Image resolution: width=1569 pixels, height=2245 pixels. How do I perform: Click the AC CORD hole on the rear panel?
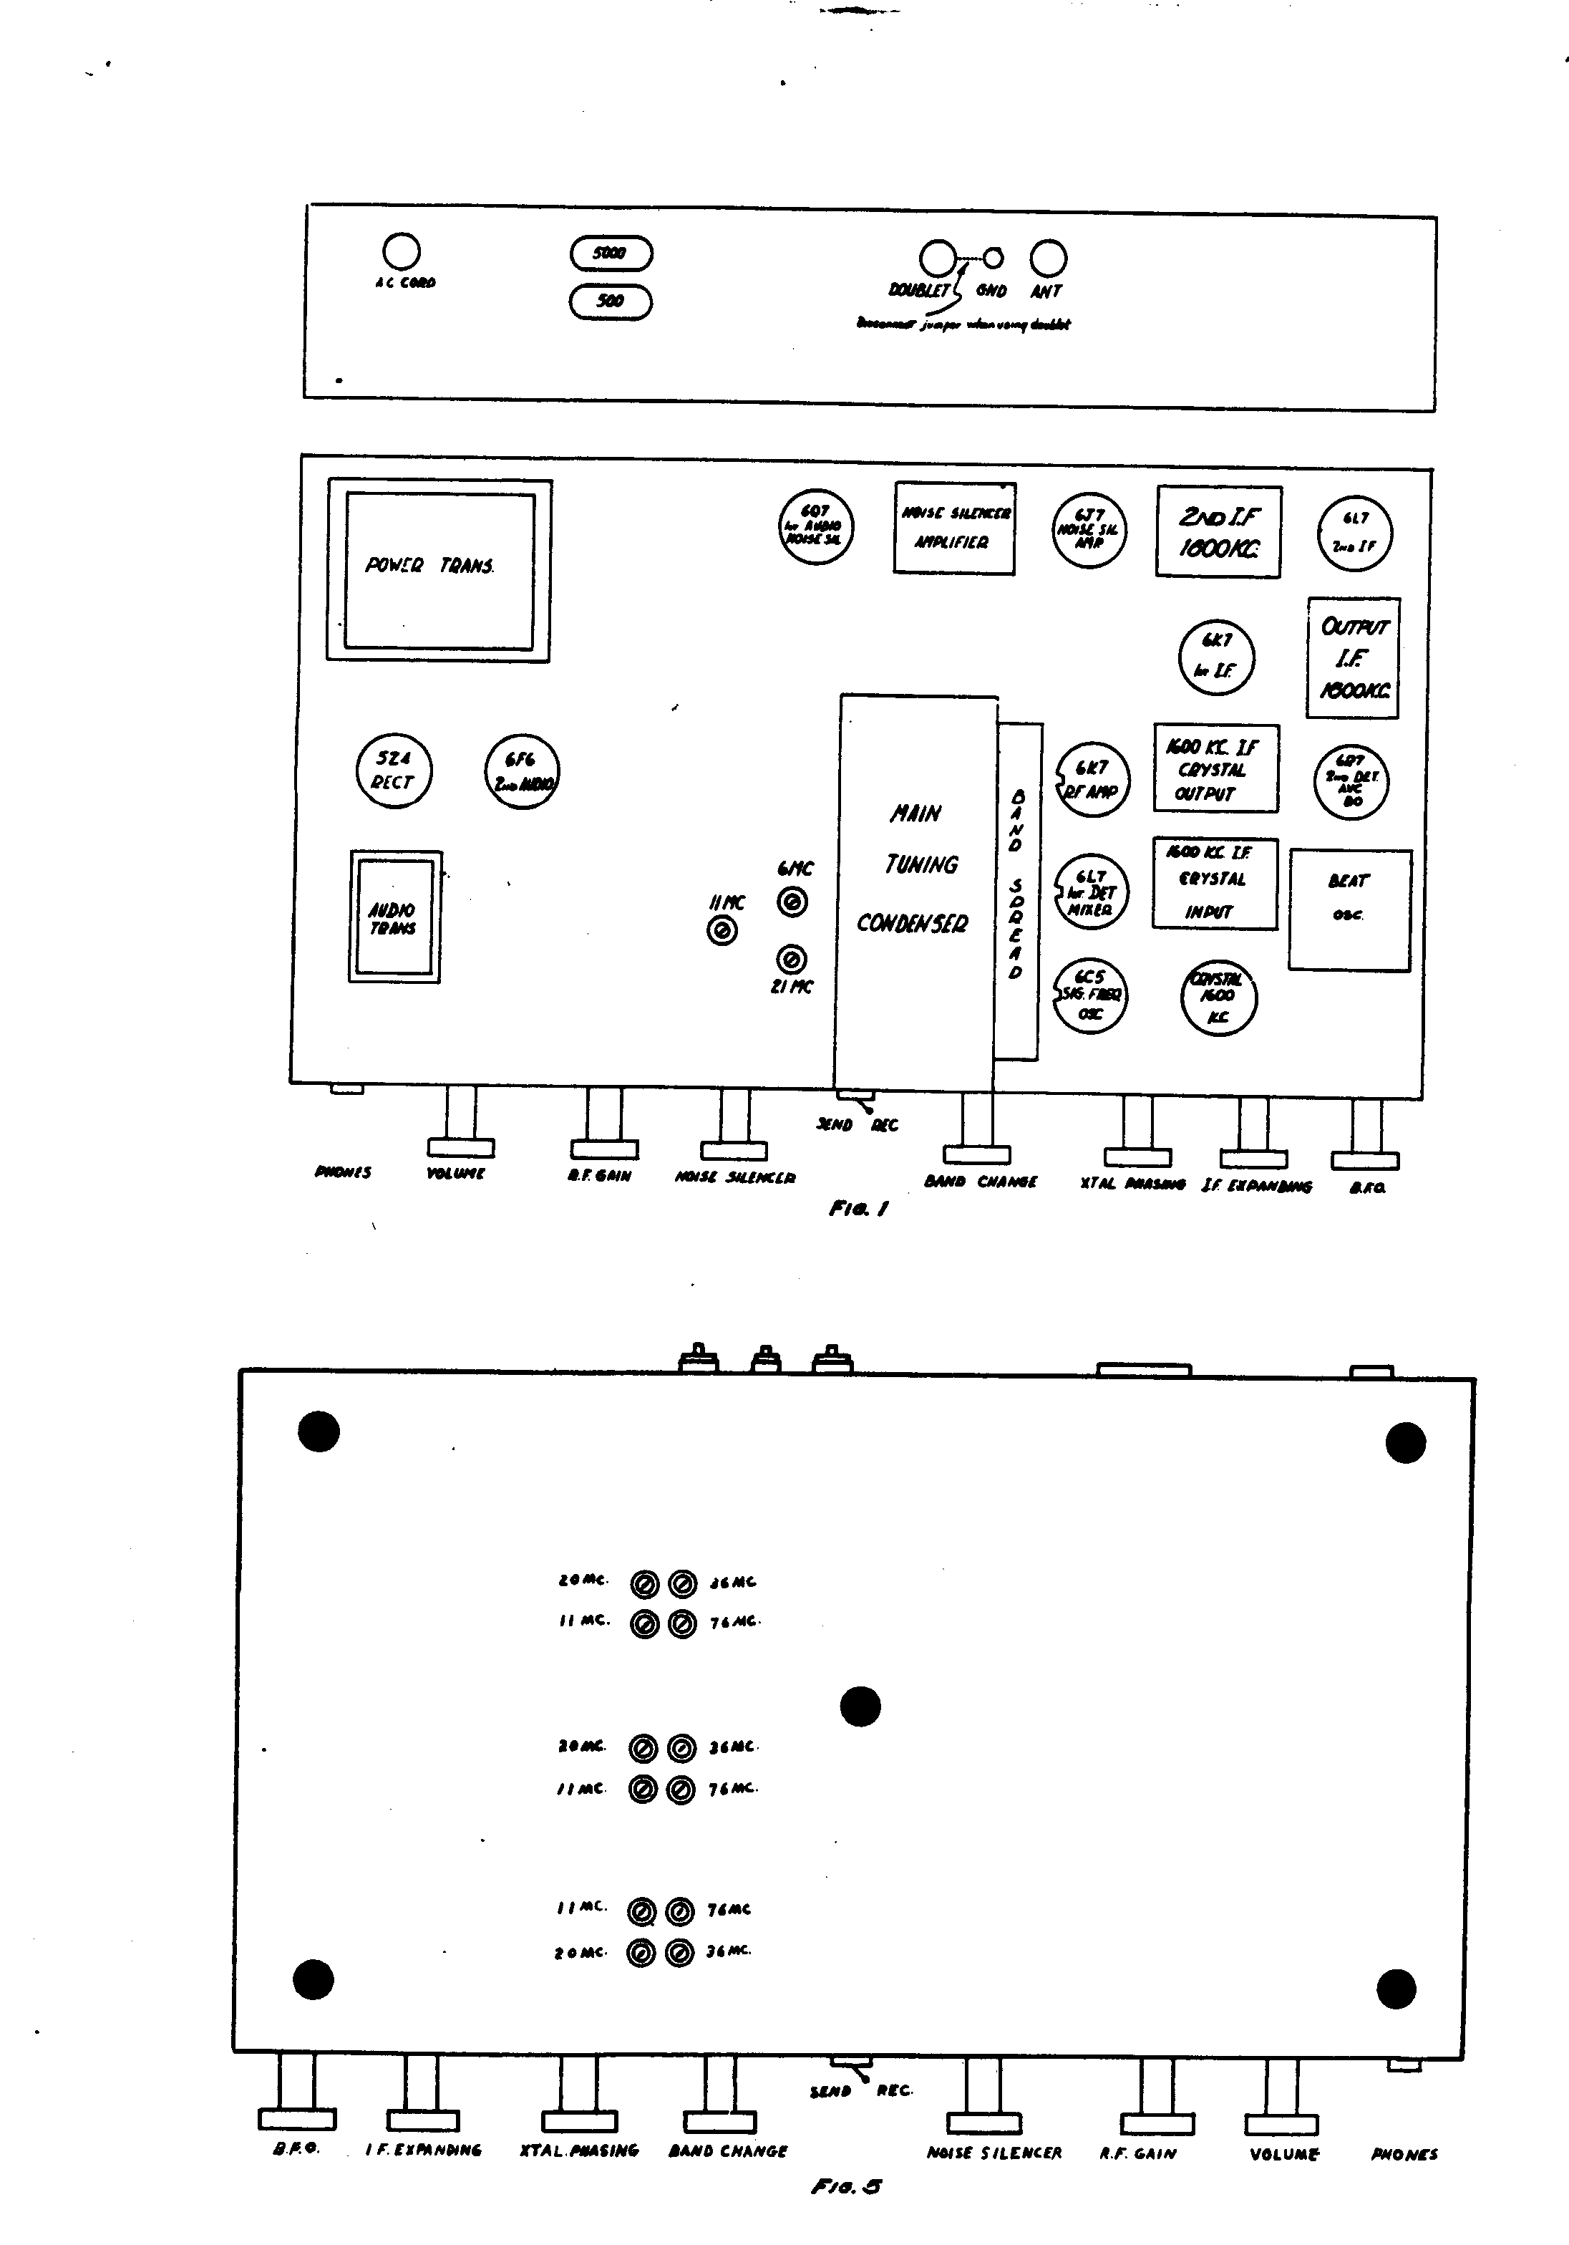pos(401,251)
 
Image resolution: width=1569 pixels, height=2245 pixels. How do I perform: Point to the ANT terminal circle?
pos(1048,259)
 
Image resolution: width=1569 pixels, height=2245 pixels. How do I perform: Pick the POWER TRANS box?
pos(439,570)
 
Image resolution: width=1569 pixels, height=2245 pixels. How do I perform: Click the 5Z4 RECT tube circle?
pos(393,771)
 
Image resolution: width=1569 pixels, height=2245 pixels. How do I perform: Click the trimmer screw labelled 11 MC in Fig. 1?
pos(722,932)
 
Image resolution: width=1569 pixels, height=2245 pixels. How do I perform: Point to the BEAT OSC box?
pos(1349,909)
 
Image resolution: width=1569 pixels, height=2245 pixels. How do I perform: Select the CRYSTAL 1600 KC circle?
pos(1218,998)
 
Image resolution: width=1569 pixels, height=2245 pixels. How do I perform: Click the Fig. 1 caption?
pos(858,1209)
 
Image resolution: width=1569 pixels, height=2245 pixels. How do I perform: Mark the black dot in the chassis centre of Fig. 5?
pos(860,1706)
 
